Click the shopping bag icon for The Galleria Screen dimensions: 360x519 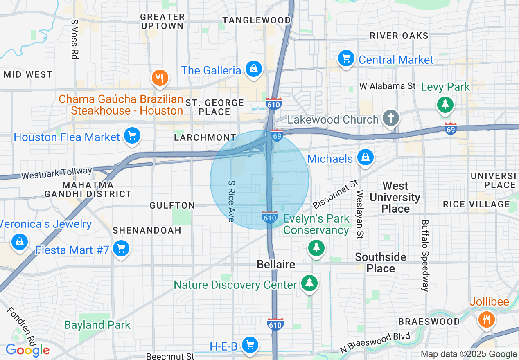tap(254, 69)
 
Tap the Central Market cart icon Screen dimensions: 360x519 tap(346, 59)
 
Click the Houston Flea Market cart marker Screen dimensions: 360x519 tap(132, 136)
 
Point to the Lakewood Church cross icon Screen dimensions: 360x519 tap(390, 118)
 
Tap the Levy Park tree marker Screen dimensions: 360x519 tap(445, 104)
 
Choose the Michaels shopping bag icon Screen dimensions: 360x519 tap(366, 157)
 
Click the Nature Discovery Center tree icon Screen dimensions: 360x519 tap(309, 283)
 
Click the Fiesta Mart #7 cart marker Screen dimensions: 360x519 tap(121, 248)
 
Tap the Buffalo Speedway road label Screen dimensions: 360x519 tap(425, 256)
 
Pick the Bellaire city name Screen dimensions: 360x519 tap(276, 264)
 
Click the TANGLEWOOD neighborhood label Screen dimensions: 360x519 tap(256, 20)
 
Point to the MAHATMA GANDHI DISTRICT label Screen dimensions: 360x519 tap(88, 189)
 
